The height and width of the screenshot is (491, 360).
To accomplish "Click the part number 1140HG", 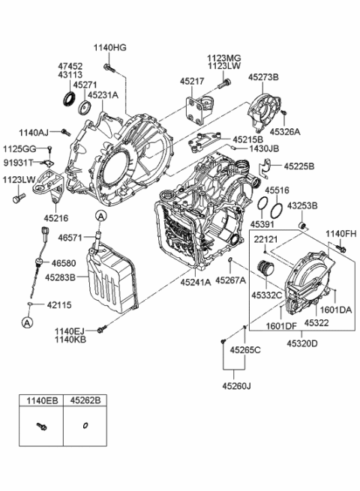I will (110, 47).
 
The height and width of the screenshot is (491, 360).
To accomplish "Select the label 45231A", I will (103, 95).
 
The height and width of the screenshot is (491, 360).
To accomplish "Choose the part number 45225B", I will (299, 166).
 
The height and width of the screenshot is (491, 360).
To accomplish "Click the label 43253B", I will (302, 205).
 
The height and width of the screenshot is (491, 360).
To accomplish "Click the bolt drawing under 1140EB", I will (42, 427).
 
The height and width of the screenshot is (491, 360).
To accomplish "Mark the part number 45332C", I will (267, 296).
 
